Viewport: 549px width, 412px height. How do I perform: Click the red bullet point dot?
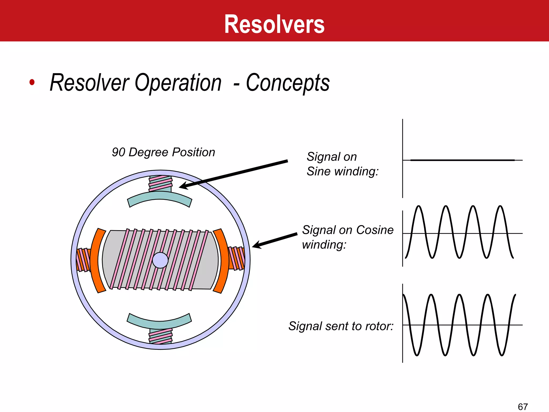[32, 82]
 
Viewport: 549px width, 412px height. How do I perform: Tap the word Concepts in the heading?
[288, 83]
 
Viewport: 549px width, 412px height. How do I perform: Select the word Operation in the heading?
[178, 83]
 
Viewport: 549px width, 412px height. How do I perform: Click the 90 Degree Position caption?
[164, 152]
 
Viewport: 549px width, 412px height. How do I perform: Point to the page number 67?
[523, 407]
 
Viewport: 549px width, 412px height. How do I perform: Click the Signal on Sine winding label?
[343, 164]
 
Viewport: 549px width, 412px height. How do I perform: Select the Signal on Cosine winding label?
[348, 237]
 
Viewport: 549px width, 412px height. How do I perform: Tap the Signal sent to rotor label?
[341, 326]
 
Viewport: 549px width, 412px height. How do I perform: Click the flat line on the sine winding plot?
[462, 160]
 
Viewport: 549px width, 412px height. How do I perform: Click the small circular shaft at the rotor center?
[160, 260]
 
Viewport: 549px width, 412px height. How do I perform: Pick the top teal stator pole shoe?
[160, 198]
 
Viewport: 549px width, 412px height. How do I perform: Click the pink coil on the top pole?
[161, 183]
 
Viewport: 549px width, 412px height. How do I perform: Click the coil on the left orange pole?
[83, 260]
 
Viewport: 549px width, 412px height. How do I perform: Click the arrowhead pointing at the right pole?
[256, 245]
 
